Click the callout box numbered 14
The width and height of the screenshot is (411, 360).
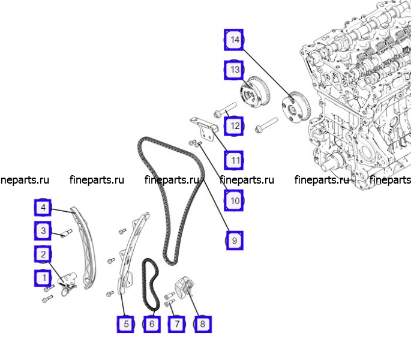point(235,40)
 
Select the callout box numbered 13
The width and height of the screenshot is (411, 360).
point(235,70)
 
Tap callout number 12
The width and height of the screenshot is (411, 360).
point(235,126)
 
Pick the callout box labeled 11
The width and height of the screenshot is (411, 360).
point(235,161)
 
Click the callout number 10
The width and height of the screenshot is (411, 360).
point(235,201)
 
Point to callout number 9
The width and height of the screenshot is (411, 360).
point(235,241)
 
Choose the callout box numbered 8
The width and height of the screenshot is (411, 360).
point(202,324)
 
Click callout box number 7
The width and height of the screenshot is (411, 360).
point(176,324)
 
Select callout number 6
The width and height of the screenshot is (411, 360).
point(151,324)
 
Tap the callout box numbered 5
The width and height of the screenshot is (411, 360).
point(126,324)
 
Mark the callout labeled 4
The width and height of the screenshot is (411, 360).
point(43,208)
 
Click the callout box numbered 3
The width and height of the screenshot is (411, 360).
point(43,230)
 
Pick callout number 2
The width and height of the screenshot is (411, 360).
point(43,254)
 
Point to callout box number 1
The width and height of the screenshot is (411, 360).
point(43,278)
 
